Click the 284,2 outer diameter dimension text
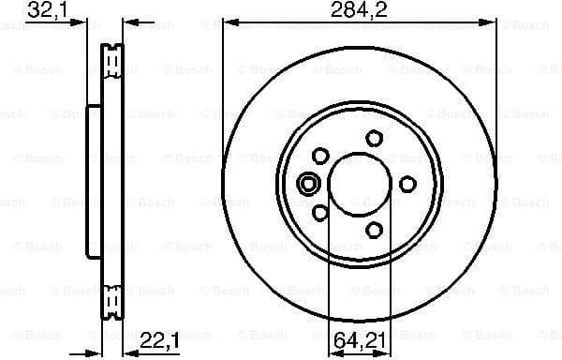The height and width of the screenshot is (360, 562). click(359, 11)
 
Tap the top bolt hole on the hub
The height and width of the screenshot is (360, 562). click(375, 139)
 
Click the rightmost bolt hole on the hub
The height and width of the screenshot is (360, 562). click(407, 185)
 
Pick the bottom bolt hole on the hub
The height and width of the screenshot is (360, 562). click(375, 229)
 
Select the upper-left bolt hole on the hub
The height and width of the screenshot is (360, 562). click(321, 156)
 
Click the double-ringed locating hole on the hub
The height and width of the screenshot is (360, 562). click(306, 185)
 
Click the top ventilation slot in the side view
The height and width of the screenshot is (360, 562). click(113, 63)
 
